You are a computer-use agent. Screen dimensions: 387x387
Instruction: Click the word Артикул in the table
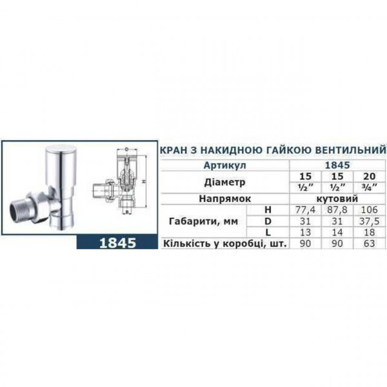click(x=209, y=166)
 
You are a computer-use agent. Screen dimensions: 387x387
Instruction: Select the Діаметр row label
click(x=212, y=181)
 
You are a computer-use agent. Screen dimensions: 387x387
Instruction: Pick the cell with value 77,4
click(x=301, y=210)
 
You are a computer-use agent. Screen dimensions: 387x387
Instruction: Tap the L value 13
click(x=301, y=232)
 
